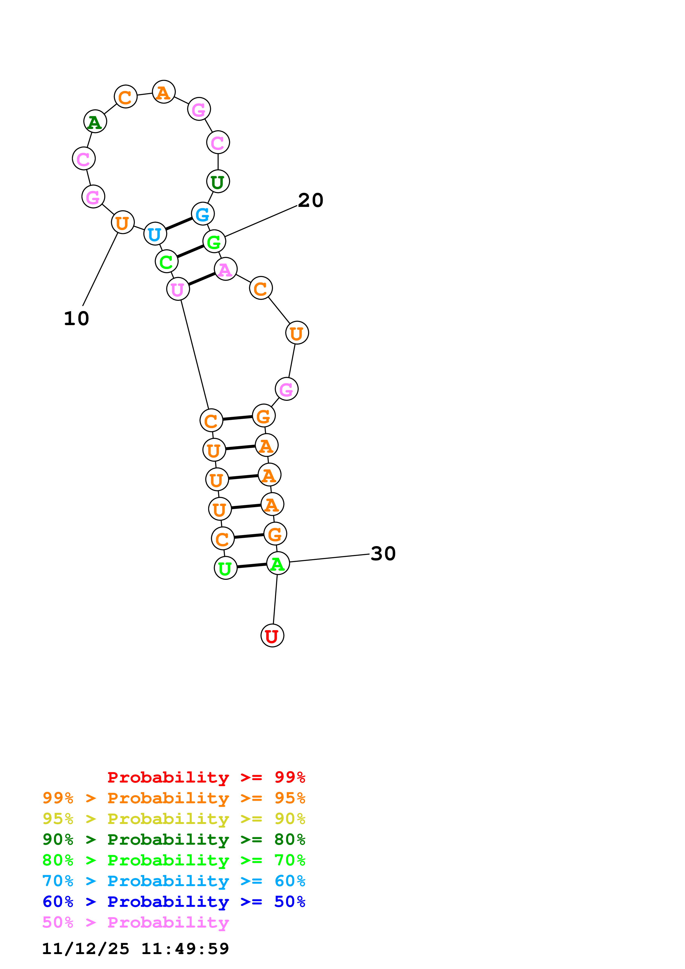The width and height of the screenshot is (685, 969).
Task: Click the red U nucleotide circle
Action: [x=272, y=636]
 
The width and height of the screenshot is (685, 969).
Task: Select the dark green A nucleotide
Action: [x=95, y=122]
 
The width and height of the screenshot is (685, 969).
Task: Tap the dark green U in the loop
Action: [x=218, y=181]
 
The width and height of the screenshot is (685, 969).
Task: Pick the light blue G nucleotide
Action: [x=203, y=214]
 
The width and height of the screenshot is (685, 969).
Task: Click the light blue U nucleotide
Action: [x=155, y=233]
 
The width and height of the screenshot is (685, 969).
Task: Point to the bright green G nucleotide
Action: [x=214, y=241]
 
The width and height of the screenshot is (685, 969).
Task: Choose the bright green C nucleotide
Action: [x=166, y=261]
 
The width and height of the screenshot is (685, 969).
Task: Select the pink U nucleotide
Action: [x=178, y=289]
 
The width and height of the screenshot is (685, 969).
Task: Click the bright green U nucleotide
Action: [x=225, y=568]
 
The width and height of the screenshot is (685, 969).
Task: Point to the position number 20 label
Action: [x=311, y=200]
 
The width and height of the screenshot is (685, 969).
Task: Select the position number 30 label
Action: [x=383, y=553]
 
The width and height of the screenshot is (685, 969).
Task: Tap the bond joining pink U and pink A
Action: [x=202, y=279]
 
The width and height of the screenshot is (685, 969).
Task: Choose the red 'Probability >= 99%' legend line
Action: [x=206, y=777]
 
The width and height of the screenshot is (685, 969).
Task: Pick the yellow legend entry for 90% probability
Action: [x=174, y=819]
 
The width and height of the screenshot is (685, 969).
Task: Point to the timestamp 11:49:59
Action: [x=185, y=949]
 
